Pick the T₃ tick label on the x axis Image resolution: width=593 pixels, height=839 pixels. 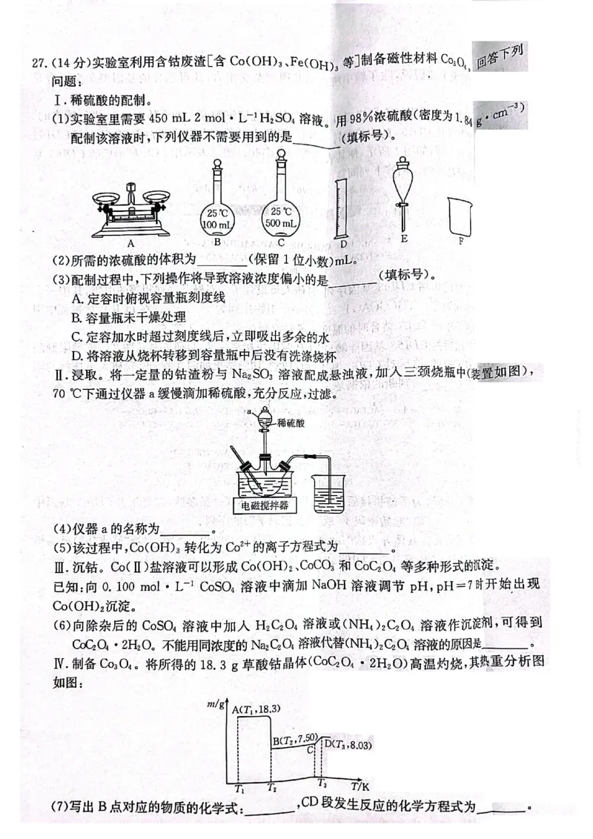click(322, 783)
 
